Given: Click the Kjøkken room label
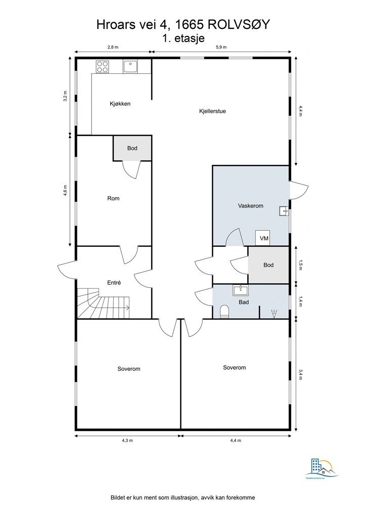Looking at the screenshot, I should pyautogui.click(x=120, y=104).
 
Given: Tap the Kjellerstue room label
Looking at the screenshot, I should pyautogui.click(x=212, y=111).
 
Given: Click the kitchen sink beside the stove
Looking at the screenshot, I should pyautogui.click(x=130, y=66).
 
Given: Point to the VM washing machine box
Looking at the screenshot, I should pyautogui.click(x=264, y=238).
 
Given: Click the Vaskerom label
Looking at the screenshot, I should pyautogui.click(x=250, y=206).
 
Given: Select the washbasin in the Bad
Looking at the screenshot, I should pyautogui.click(x=240, y=291).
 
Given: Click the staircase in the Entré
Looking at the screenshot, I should pyautogui.click(x=104, y=303).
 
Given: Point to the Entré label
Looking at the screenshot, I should pyautogui.click(x=114, y=283).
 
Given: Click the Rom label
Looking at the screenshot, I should pyautogui.click(x=113, y=198).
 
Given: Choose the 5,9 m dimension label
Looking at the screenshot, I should pyautogui.click(x=221, y=47).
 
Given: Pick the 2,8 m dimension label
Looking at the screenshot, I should pyautogui.click(x=113, y=47).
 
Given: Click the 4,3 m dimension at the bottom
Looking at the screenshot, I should pyautogui.click(x=127, y=441).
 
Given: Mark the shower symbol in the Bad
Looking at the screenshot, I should pyautogui.click(x=274, y=314).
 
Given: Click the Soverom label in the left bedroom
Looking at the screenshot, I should pyautogui.click(x=128, y=369).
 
